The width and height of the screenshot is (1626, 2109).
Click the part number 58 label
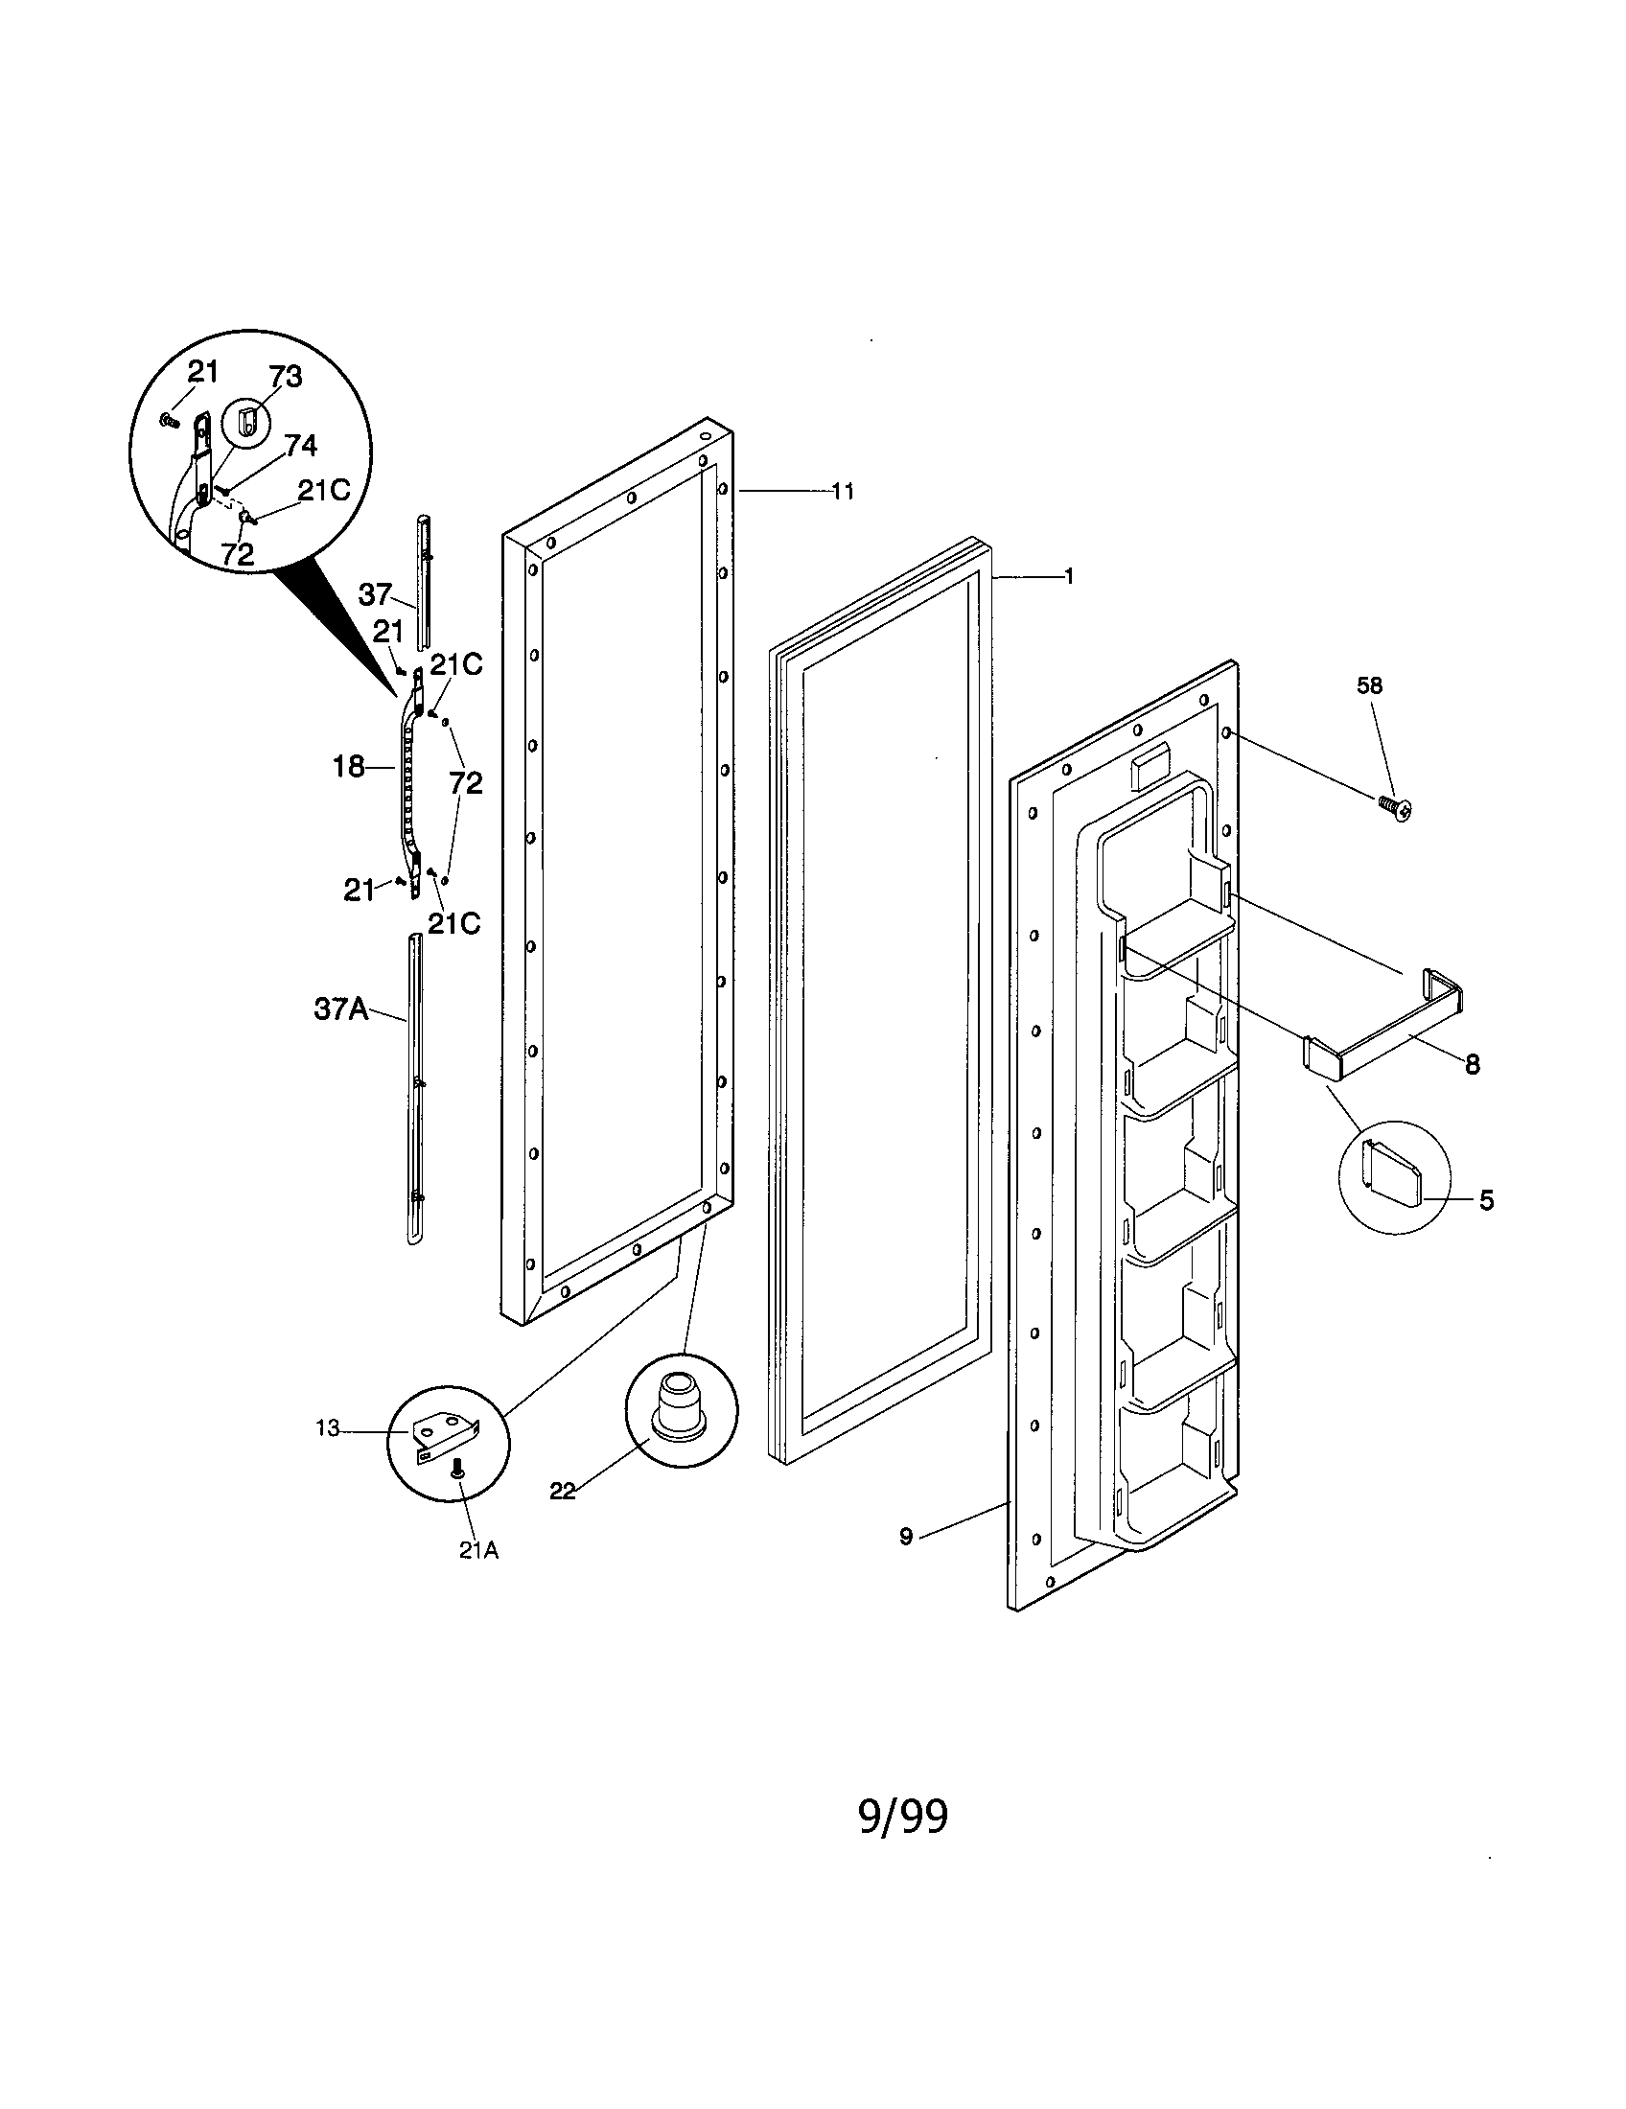(1369, 685)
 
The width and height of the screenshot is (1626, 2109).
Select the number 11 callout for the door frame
(843, 492)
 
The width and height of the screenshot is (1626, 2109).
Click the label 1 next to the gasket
(1068, 576)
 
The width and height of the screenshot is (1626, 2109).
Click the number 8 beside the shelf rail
(1472, 1064)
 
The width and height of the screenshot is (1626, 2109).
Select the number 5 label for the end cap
(1486, 1200)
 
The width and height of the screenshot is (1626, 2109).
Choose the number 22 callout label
(562, 1491)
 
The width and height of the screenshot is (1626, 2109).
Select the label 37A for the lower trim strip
(342, 1009)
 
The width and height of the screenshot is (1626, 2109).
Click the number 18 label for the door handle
(349, 767)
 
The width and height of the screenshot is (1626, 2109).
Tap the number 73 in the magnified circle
(286, 377)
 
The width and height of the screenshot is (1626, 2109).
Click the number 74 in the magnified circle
(300, 445)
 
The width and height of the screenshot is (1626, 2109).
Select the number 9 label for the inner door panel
(905, 1537)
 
